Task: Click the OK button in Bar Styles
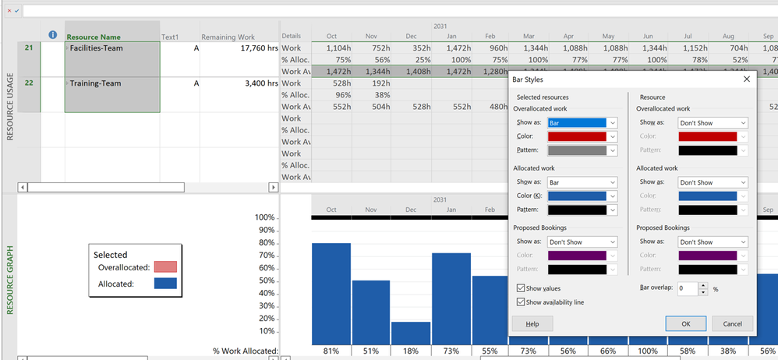[685, 323]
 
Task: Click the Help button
[532, 323]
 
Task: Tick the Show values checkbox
[521, 288]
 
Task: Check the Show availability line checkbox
[521, 302]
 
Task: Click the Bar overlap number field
[687, 288]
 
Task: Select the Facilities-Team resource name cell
[112, 48]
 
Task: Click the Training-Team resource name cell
[112, 83]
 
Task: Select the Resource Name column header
[112, 37]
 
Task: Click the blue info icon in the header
[53, 36]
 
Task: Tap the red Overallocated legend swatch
[166, 267]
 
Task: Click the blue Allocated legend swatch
[166, 284]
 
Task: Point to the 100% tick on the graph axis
[264, 217]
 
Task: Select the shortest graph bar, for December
[410, 333]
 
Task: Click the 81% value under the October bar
[331, 351]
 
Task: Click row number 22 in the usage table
[29, 83]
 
